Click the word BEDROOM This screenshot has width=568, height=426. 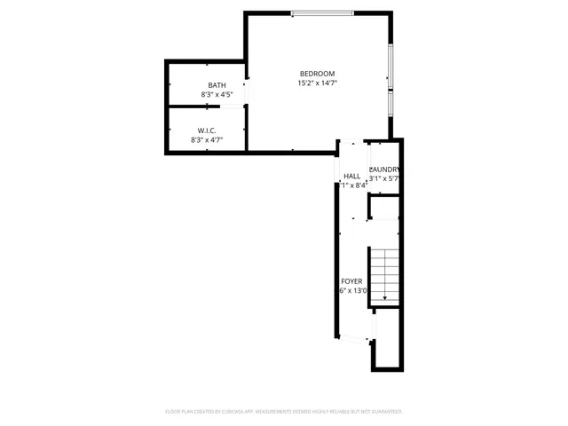(317, 73)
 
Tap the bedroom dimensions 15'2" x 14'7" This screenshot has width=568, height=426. (317, 83)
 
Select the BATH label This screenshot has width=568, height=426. (217, 85)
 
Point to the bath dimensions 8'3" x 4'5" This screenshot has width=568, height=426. (217, 94)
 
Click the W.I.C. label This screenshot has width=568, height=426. (207, 130)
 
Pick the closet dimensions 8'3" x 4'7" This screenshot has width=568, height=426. (207, 139)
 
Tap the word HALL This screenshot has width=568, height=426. (352, 176)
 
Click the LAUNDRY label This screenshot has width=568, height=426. (384, 170)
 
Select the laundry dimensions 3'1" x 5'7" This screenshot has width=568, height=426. (384, 178)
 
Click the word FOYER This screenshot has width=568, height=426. (351, 281)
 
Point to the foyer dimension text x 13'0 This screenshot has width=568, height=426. (353, 291)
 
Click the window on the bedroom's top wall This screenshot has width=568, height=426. (321, 12)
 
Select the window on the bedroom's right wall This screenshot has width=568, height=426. (390, 80)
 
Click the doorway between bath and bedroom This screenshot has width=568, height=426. (246, 89)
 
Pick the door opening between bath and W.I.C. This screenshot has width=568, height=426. (233, 106)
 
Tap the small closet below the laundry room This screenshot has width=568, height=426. (384, 209)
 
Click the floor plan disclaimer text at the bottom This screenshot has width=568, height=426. (284, 412)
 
